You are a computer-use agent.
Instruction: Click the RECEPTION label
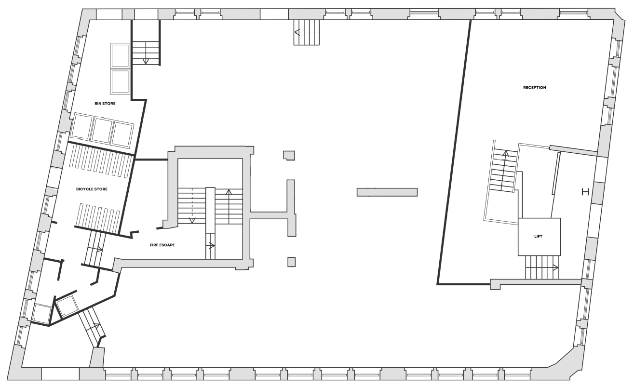534,88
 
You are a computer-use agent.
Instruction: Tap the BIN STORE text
105,104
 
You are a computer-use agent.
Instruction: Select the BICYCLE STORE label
92,189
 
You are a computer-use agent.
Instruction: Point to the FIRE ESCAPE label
162,245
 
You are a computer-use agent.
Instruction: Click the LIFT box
539,237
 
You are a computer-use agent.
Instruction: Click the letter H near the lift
585,192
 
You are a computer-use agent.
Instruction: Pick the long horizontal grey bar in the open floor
387,192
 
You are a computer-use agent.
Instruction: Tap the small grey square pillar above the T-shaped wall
289,155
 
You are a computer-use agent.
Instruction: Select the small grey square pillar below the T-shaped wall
292,262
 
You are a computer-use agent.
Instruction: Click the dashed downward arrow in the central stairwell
192,205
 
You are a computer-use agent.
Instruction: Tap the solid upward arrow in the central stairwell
229,207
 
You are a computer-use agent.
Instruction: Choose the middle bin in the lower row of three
103,131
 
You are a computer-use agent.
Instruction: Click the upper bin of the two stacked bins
120,56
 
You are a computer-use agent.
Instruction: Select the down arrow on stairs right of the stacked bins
146,53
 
